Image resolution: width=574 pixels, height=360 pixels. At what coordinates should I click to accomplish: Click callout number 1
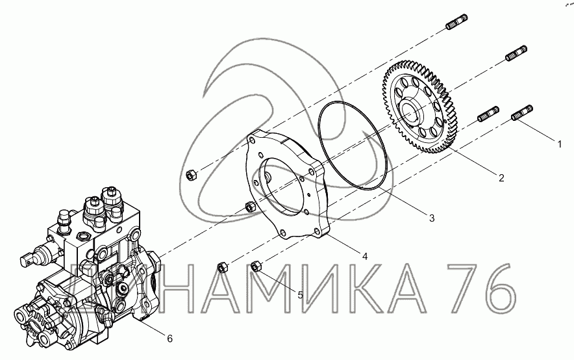point(559,145)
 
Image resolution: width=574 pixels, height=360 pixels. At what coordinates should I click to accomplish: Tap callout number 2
point(501,178)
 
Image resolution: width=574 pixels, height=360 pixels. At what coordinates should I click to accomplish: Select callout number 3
point(432,218)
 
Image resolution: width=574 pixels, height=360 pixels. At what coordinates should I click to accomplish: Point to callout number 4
point(365,257)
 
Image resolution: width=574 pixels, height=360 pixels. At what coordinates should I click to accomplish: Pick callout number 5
point(300,295)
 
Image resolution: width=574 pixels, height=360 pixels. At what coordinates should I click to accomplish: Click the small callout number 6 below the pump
point(169,339)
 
